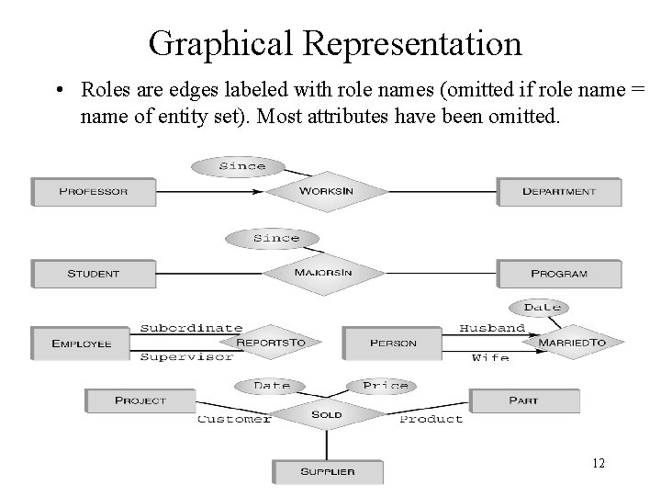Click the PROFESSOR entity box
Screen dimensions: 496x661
[x=92, y=192]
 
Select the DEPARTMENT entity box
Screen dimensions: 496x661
[x=558, y=192]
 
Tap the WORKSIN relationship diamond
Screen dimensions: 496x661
[x=326, y=192]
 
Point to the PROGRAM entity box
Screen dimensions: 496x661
[x=558, y=274]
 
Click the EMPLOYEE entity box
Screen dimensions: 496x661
[x=81, y=344]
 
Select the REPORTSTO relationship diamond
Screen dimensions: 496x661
[x=271, y=343]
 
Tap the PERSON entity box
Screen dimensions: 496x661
[x=393, y=344]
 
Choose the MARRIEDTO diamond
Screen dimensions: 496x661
[x=572, y=343]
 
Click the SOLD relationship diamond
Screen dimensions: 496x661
[x=327, y=414]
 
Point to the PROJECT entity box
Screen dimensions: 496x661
[x=140, y=400]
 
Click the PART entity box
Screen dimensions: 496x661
[x=523, y=400]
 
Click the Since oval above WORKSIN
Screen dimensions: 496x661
[x=242, y=166]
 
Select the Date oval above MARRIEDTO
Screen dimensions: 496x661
[x=542, y=307]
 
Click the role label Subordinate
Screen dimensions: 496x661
[x=191, y=328]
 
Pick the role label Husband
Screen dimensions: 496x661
[x=492, y=328]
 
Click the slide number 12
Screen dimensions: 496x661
[x=598, y=464]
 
